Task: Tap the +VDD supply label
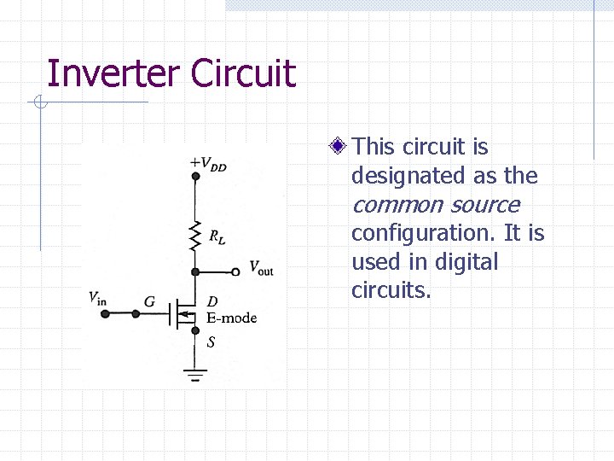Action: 208,163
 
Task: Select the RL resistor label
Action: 217,235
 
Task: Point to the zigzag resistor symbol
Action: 196,233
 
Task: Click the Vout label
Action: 261,268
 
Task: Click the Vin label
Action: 98,297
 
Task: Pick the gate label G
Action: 149,301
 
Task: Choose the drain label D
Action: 212,301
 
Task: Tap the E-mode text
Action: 231,318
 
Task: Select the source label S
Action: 211,342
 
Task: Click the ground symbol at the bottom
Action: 196,372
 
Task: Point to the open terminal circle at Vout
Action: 236,271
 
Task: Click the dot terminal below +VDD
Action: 195,176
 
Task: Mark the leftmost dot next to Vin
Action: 105,313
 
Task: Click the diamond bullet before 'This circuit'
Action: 338,147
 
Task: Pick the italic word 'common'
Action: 397,205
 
